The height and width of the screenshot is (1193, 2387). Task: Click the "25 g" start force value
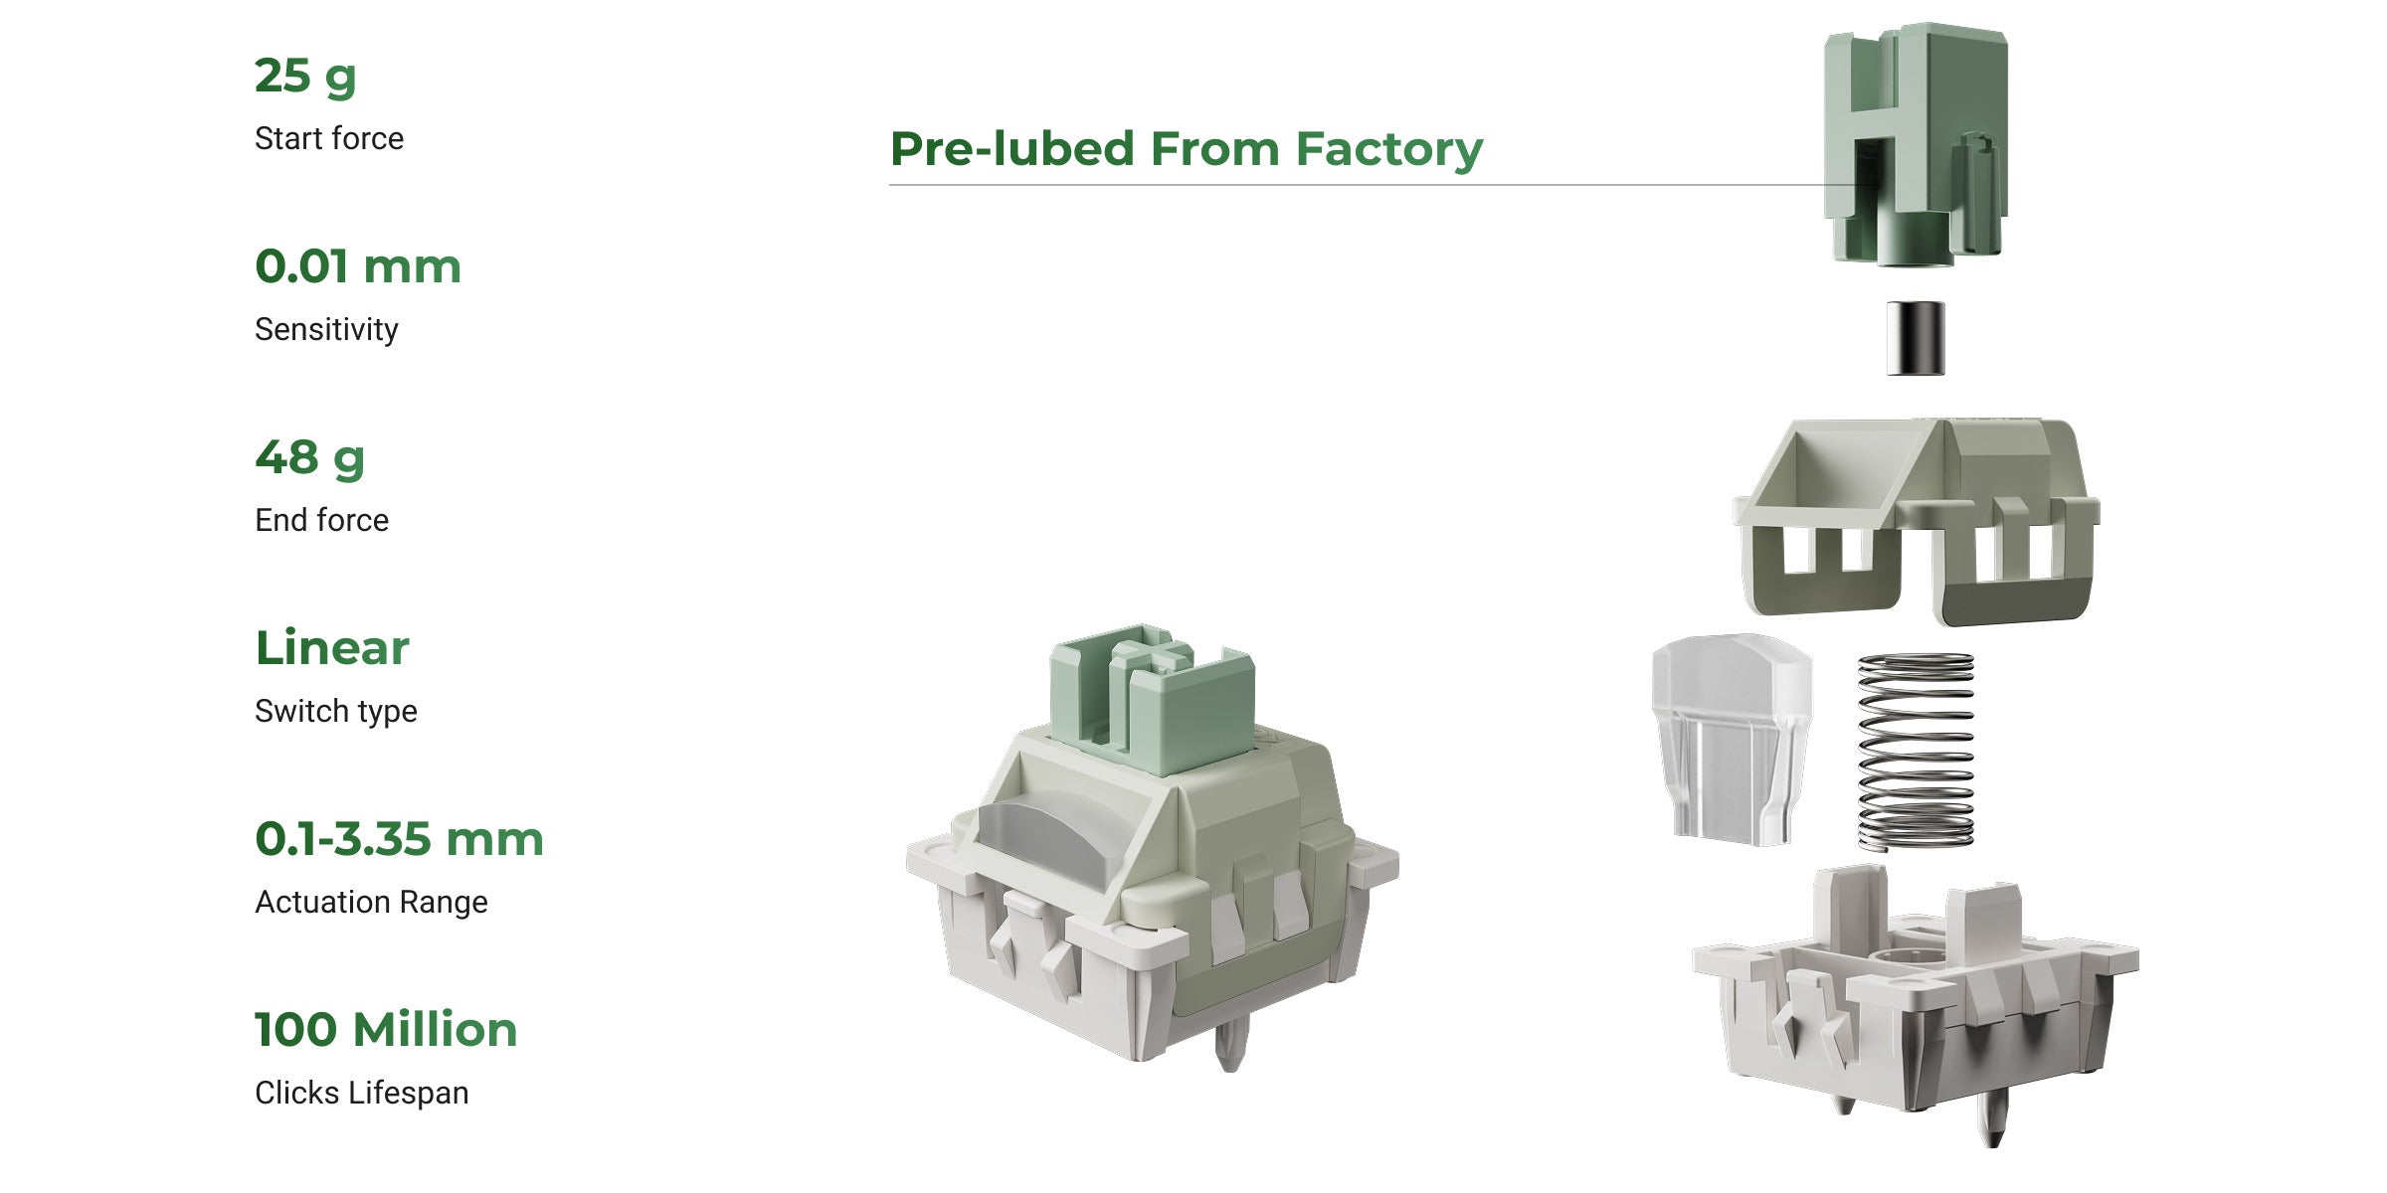point(305,77)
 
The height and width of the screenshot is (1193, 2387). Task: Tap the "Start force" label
point(329,138)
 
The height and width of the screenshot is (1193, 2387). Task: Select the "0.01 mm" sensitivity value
point(358,266)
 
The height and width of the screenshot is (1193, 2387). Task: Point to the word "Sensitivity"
point(326,329)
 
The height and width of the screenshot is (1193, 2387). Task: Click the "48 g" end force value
point(310,458)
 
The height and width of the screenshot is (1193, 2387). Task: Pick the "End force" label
point(321,520)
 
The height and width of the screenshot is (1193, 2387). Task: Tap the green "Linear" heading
point(332,648)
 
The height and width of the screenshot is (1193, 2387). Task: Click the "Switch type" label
point(336,711)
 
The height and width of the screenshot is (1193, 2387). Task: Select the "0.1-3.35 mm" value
point(399,839)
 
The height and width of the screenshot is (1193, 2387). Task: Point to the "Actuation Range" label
point(371,902)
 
